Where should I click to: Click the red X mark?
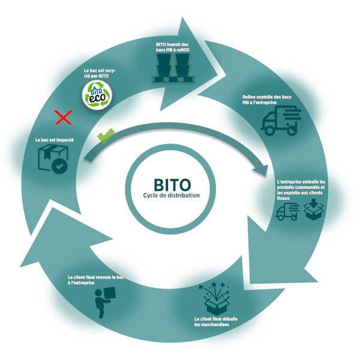[61, 118]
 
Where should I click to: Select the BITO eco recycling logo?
[97, 95]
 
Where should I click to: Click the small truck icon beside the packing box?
[286, 211]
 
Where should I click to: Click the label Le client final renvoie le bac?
[95, 281]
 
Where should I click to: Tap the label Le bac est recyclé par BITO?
[99, 74]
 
